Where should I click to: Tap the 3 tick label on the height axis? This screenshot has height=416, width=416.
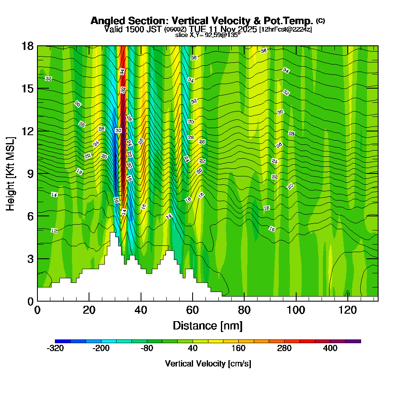(x=30, y=259)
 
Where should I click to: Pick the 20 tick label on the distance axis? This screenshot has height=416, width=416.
(x=89, y=310)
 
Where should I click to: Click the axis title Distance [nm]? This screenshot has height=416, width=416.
(x=208, y=325)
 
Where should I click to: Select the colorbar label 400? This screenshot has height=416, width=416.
(x=330, y=348)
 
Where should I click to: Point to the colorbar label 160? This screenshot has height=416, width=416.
(x=239, y=348)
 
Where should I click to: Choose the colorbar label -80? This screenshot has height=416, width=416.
(x=147, y=348)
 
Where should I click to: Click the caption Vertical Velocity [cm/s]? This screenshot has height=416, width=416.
(x=208, y=364)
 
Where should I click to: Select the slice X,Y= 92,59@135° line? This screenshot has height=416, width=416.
(x=208, y=35)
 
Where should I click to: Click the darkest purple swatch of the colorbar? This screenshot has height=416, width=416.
(x=353, y=341)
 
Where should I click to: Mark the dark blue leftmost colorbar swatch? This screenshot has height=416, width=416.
(x=63, y=341)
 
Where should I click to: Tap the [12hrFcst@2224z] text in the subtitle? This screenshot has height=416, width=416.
(x=285, y=30)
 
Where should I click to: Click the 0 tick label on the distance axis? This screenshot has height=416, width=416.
(x=37, y=310)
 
